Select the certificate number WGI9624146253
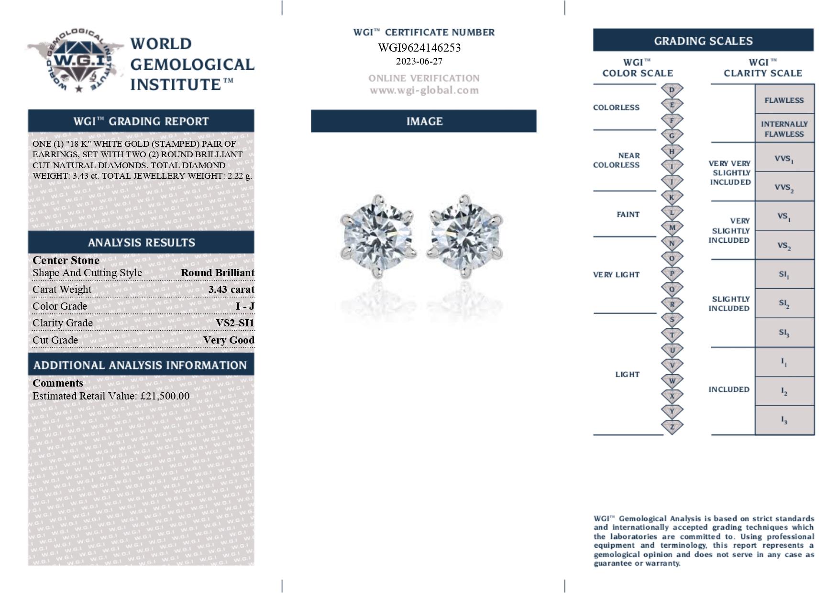point(419,48)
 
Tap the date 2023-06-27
point(419,62)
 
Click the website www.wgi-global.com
point(424,90)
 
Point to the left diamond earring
point(378,235)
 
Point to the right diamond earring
point(464,235)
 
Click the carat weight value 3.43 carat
point(232,290)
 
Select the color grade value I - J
point(245,306)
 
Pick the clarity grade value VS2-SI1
point(235,323)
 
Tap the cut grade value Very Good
point(229,340)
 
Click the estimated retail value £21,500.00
point(165,396)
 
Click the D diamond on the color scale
point(672,90)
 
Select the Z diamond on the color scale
point(672,427)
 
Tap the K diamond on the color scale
point(672,197)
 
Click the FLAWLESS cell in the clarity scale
point(784,100)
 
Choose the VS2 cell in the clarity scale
point(784,246)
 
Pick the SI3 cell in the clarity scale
point(784,333)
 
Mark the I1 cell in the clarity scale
point(784,362)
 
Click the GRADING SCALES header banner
point(703,41)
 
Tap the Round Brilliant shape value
point(218,273)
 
